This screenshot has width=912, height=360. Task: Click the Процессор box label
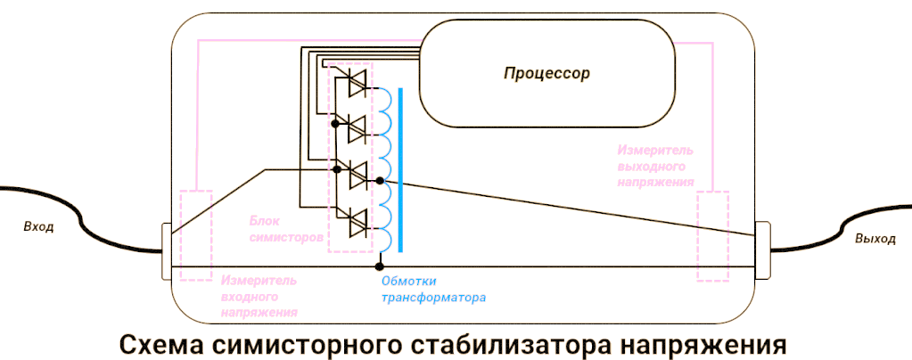pos(546,73)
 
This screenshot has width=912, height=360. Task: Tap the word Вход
pos(38,226)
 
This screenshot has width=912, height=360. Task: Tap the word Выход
pos(875,239)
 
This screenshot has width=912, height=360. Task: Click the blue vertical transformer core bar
pos(402,169)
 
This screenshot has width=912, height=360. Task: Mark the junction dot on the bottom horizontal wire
pos(380,266)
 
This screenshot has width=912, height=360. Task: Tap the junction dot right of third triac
pos(381,181)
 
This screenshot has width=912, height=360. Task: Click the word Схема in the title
pos(160,343)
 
